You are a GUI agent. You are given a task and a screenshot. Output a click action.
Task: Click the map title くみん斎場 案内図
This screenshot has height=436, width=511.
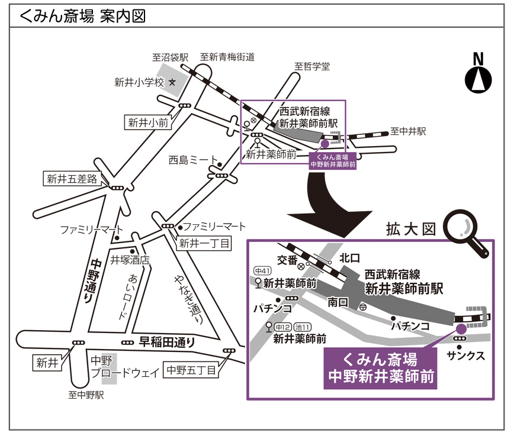click(x=82, y=17)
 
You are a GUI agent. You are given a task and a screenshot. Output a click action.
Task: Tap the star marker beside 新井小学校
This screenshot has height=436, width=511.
click(x=172, y=82)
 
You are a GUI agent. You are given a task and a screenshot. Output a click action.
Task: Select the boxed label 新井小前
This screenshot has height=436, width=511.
click(x=148, y=123)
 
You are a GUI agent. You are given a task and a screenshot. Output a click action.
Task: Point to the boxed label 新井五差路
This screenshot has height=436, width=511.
click(x=72, y=179)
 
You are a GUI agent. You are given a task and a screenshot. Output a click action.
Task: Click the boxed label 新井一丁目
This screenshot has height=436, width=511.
click(x=204, y=243)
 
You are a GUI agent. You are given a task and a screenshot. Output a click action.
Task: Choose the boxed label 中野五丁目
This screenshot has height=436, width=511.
click(x=191, y=370)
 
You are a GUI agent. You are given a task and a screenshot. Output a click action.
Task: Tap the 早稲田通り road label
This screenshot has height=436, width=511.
click(x=167, y=342)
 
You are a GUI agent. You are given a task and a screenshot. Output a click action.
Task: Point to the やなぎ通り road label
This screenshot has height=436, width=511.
click(x=188, y=299)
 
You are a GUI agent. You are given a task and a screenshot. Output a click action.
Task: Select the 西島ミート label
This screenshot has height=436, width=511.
click(x=193, y=160)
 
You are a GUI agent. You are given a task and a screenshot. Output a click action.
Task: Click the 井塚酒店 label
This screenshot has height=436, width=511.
click(x=130, y=260)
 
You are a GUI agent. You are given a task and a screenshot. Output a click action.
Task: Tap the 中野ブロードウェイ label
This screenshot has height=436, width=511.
click(x=126, y=367)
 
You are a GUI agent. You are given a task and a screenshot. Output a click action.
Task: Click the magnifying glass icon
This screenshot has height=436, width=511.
click(x=467, y=234)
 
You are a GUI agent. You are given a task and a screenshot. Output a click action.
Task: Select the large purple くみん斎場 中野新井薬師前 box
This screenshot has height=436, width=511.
click(x=380, y=369)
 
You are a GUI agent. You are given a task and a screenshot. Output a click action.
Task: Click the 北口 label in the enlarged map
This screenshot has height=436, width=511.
click(x=350, y=258)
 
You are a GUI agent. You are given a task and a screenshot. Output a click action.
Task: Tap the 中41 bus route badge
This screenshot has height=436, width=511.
click(x=262, y=270)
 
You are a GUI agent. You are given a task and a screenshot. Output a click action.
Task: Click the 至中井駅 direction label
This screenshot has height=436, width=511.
click(x=408, y=131)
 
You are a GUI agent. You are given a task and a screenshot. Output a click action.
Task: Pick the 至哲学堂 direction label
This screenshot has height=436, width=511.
click(x=312, y=66)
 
